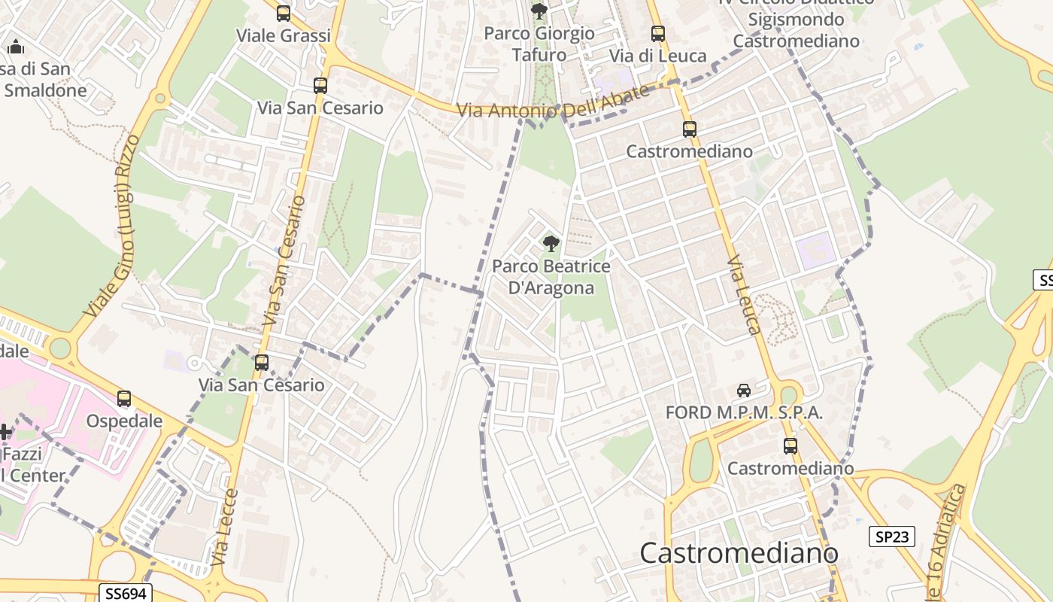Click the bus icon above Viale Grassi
click(284, 14)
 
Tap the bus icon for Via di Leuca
click(658, 34)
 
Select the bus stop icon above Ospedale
click(124, 399)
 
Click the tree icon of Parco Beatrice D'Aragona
click(551, 244)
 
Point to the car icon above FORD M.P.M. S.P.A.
click(744, 391)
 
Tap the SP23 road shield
click(892, 537)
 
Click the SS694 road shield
click(125, 594)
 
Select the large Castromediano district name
click(739, 553)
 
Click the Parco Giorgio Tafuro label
click(539, 44)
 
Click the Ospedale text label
click(124, 421)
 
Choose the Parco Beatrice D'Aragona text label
click(551, 277)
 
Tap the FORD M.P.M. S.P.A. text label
click(744, 412)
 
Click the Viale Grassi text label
click(284, 35)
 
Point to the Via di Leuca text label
click(658, 56)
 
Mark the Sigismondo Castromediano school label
click(796, 30)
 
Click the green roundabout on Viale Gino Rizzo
click(59, 348)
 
